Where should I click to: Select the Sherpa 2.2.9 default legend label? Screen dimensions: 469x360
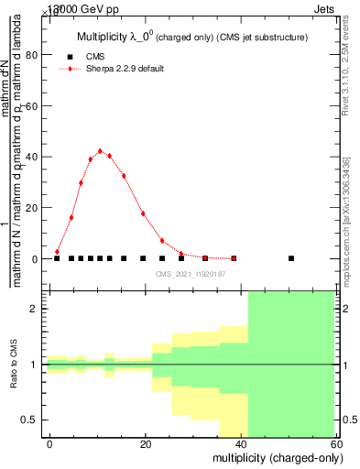pyautogui.click(x=125, y=69)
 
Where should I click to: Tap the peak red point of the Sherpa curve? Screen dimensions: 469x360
pyautogui.click(x=100, y=151)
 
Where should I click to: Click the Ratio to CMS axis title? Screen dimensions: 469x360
pyautogui.click(x=15, y=365)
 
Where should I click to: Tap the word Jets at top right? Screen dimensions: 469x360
pyautogui.click(x=333, y=7)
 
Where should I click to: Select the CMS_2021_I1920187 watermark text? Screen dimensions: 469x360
pyautogui.click(x=191, y=273)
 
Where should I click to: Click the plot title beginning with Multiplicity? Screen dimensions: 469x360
pyautogui.click(x=191, y=37)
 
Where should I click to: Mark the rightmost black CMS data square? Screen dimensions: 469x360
pyautogui.click(x=291, y=258)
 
